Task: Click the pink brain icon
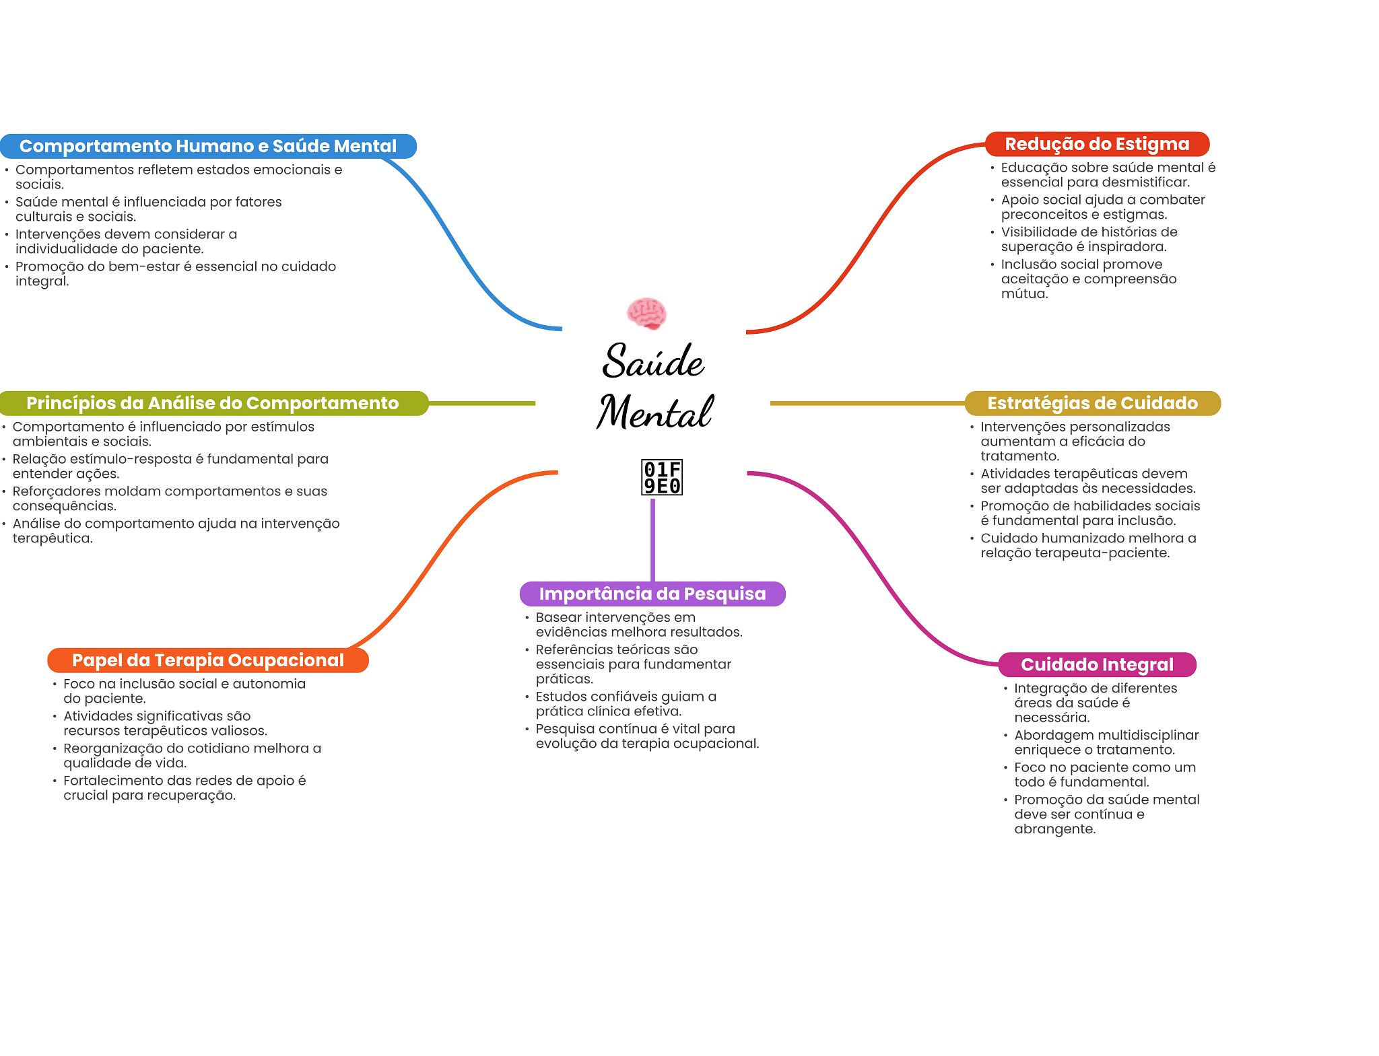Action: [646, 313]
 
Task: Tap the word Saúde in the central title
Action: [652, 361]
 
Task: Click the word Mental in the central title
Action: [654, 412]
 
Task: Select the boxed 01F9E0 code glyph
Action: [662, 477]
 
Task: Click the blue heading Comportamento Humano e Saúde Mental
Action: [208, 146]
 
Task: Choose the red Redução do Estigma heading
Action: [1097, 144]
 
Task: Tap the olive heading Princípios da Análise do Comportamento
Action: [213, 403]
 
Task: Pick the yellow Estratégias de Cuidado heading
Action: [1092, 403]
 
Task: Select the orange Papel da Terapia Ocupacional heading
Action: [208, 660]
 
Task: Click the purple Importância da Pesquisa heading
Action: [652, 594]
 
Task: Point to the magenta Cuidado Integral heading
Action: [1097, 664]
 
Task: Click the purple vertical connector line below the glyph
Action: [652, 538]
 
